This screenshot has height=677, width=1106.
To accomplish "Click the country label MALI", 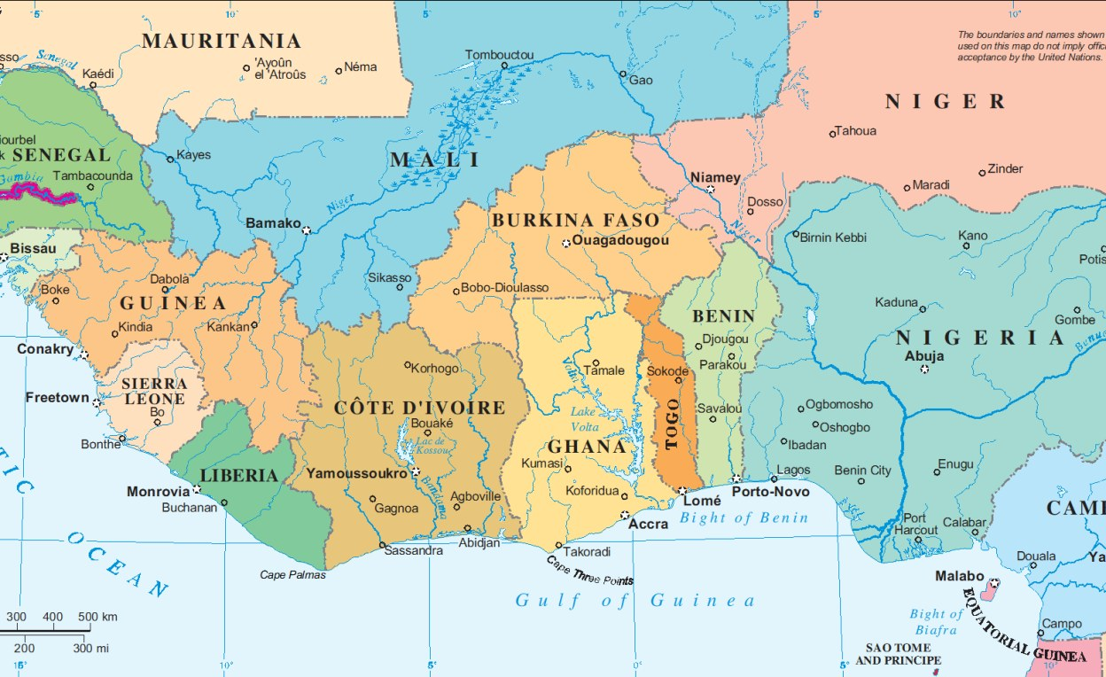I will pos(435,160).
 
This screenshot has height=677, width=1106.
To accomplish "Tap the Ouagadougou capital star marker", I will pos(566,243).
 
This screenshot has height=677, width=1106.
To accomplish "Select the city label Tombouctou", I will pos(500,55).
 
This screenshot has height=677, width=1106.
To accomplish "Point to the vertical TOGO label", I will pos(672,424).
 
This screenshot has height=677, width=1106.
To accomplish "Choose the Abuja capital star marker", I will pos(924,369).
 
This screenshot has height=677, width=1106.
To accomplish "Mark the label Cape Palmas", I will pos(292,575).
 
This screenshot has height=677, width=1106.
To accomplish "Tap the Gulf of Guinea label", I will pos(635,601).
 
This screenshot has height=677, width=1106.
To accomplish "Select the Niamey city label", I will pos(715,177).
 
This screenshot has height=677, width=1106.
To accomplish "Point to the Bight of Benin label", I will pos(744,517).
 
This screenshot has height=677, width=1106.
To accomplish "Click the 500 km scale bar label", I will pos(97,617).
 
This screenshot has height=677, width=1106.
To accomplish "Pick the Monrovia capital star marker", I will pos(197,488).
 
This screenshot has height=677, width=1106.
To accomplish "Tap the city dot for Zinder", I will pos(982,173).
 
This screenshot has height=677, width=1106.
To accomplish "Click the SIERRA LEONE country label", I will pos(154,391).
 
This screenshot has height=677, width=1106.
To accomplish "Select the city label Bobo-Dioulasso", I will pos(505,288).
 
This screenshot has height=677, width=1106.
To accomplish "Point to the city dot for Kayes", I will pos(171,159).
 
